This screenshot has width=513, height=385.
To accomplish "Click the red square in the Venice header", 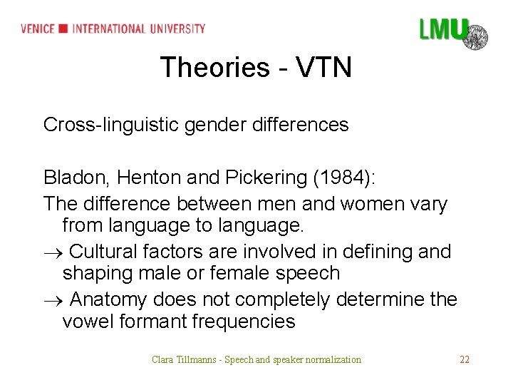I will [x=63, y=29].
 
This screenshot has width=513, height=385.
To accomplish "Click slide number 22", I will [x=465, y=359].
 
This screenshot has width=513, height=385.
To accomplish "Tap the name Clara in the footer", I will [x=162, y=359].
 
